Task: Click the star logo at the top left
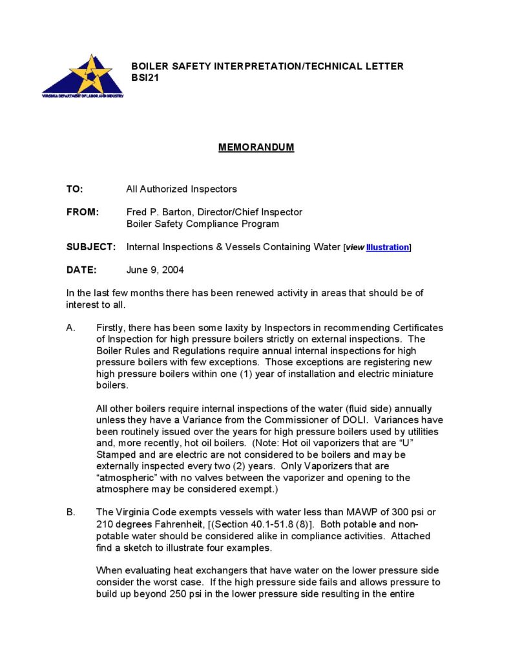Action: click(83, 76)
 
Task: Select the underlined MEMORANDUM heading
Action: click(256, 147)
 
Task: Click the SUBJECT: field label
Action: click(91, 247)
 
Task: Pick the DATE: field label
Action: click(81, 270)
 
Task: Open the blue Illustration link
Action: click(387, 248)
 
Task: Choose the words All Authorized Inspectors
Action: click(182, 189)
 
